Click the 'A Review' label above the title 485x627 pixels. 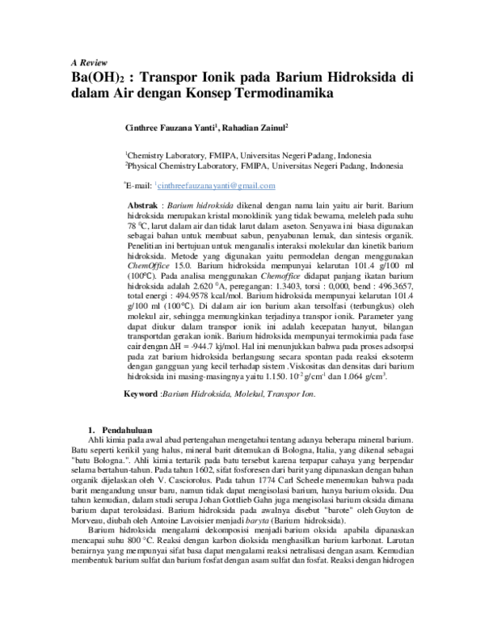point(84,63)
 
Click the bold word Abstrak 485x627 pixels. point(145,207)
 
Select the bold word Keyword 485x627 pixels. point(141,393)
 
